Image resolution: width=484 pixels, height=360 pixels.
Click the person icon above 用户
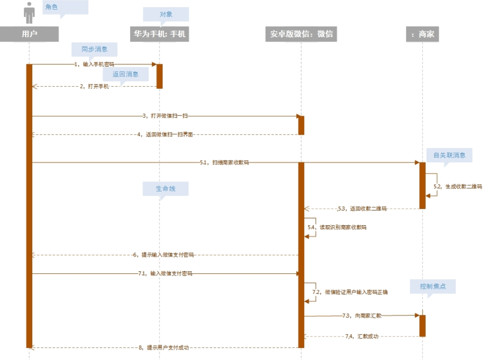tap(29, 12)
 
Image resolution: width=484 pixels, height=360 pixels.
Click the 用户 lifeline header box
tap(29, 34)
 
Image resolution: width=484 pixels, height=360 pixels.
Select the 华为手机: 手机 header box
tap(159, 34)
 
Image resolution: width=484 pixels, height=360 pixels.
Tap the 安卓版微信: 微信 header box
tap(301, 34)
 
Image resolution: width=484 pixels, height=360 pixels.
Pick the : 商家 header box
tap(422, 34)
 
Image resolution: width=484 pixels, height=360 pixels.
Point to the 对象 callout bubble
tap(166, 14)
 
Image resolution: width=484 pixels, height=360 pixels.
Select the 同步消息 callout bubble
tap(94, 48)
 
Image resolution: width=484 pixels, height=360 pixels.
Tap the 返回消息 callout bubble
tap(126, 74)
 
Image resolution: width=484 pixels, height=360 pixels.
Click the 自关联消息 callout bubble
tap(449, 155)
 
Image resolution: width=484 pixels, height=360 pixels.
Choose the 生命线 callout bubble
tap(165, 189)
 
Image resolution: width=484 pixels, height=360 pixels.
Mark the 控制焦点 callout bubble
tap(433, 286)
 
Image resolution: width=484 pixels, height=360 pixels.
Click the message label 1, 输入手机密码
tap(94, 65)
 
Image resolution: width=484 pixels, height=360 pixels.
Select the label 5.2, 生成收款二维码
tap(457, 186)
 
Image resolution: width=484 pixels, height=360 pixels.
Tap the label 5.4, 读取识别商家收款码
tap(337, 228)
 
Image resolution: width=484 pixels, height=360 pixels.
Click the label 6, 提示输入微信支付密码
tap(163, 255)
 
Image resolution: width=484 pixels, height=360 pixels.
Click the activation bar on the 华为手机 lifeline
tap(159, 76)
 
